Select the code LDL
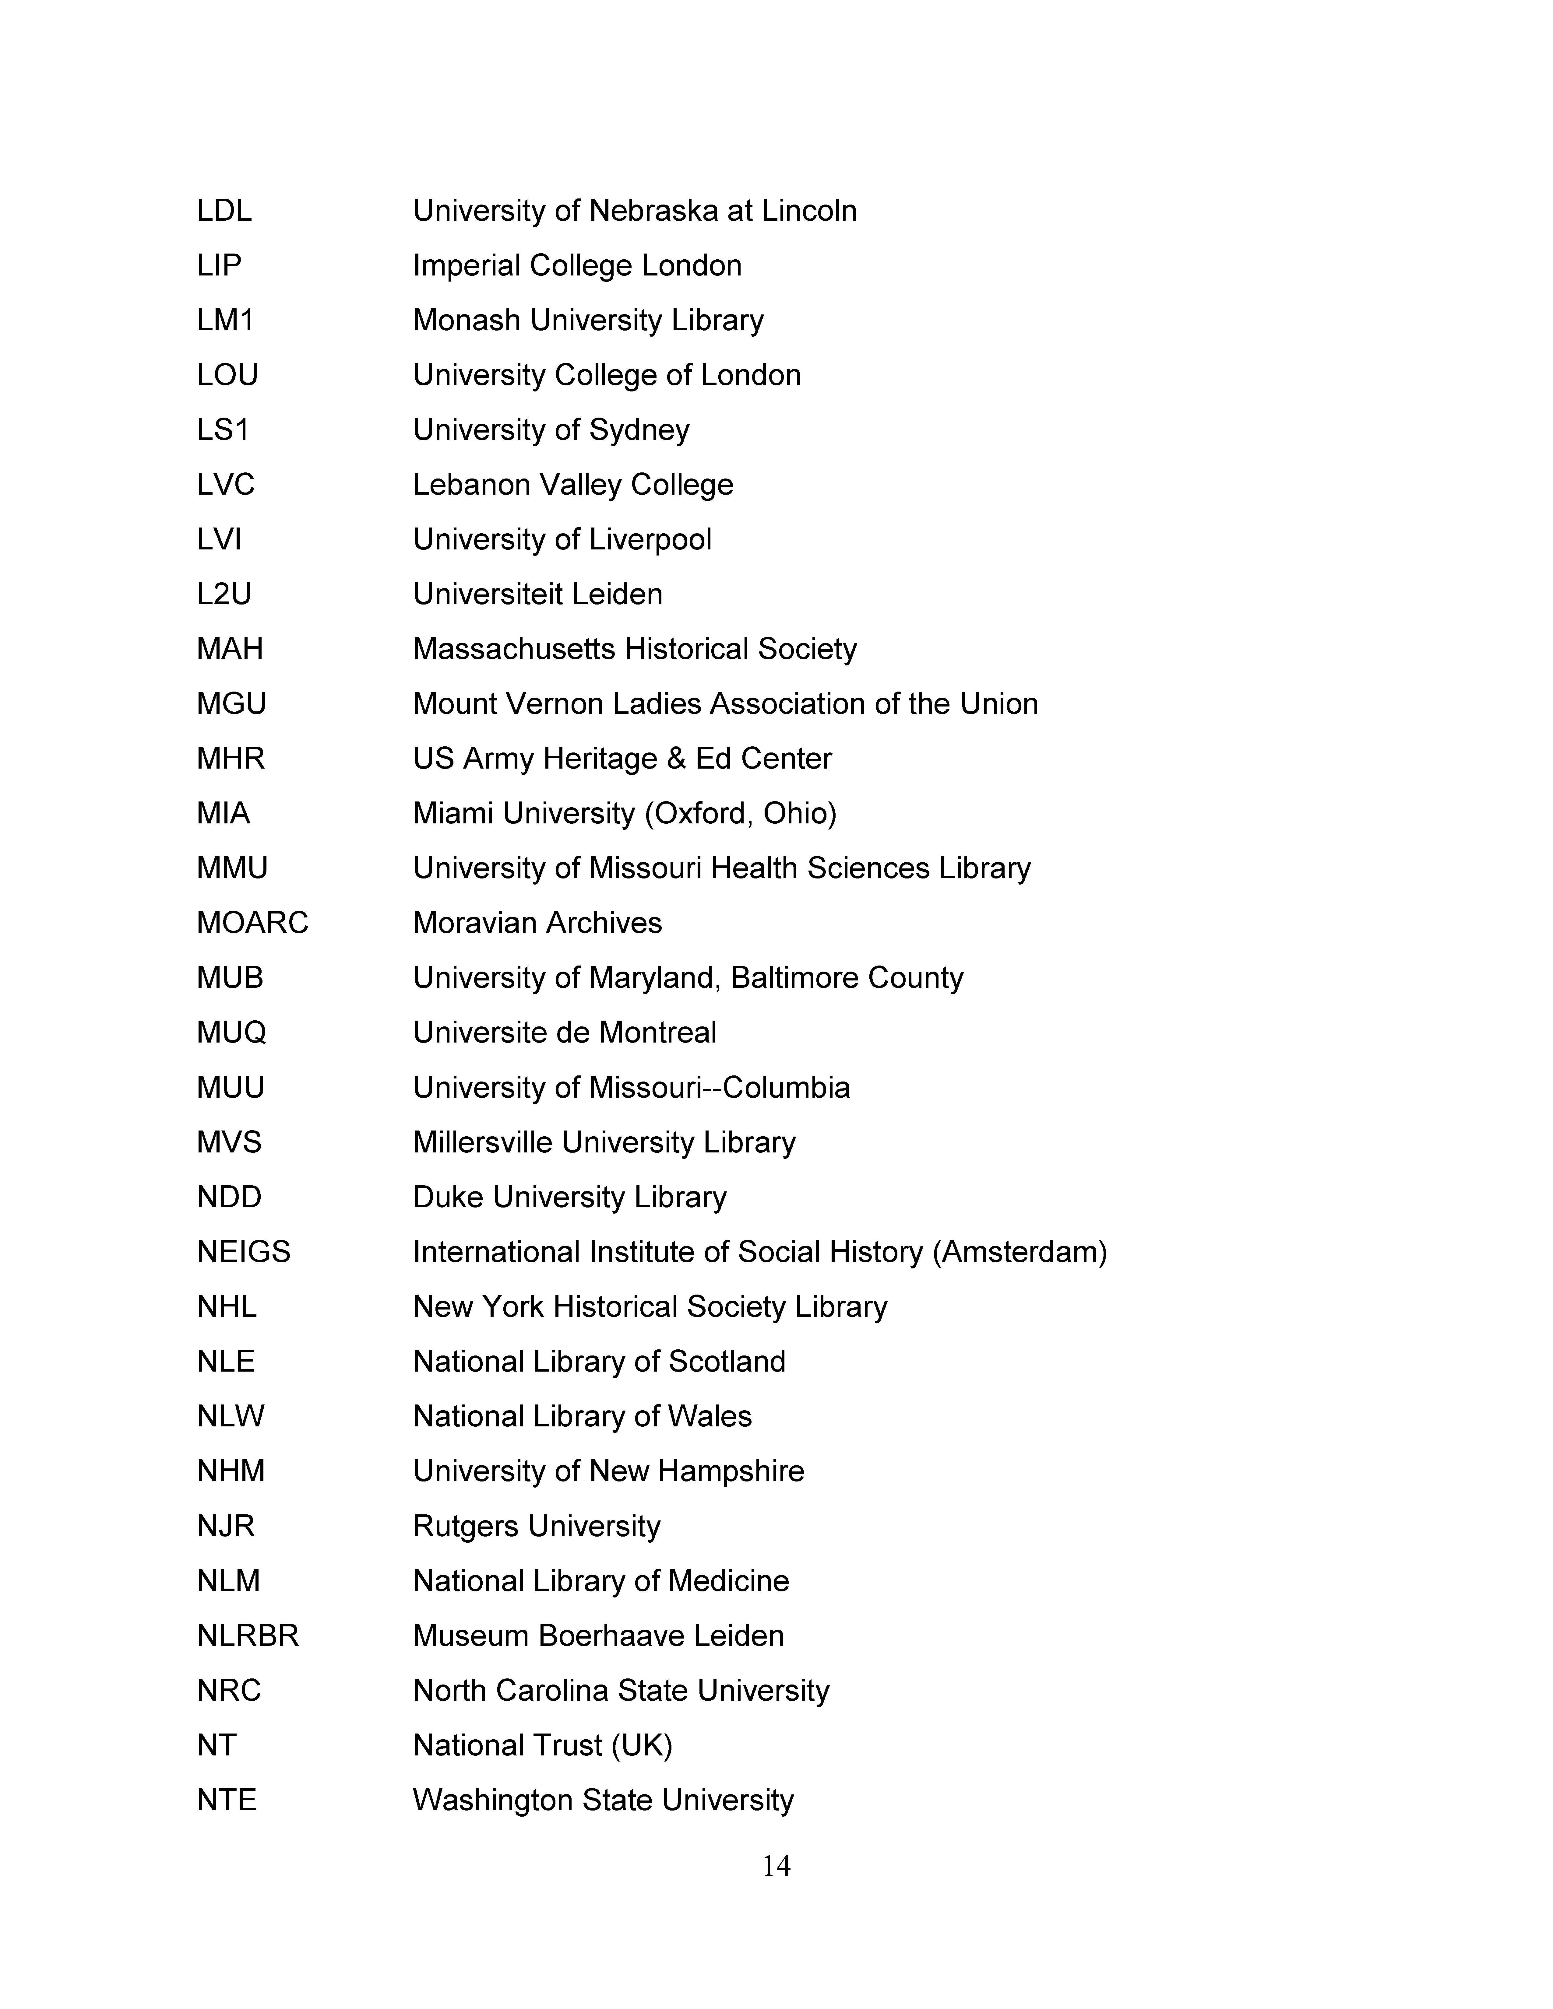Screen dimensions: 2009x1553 pyautogui.click(x=224, y=211)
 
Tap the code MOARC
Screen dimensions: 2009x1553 pyautogui.click(x=252, y=923)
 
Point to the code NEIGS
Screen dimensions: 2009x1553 pyautogui.click(x=243, y=1252)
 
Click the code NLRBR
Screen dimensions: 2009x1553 pyautogui.click(x=248, y=1636)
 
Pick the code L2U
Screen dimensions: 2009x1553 pyautogui.click(x=224, y=594)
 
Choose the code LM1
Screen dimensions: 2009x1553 pyautogui.click(x=224, y=320)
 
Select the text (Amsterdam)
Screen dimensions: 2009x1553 pyautogui.click(x=1019, y=1252)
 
